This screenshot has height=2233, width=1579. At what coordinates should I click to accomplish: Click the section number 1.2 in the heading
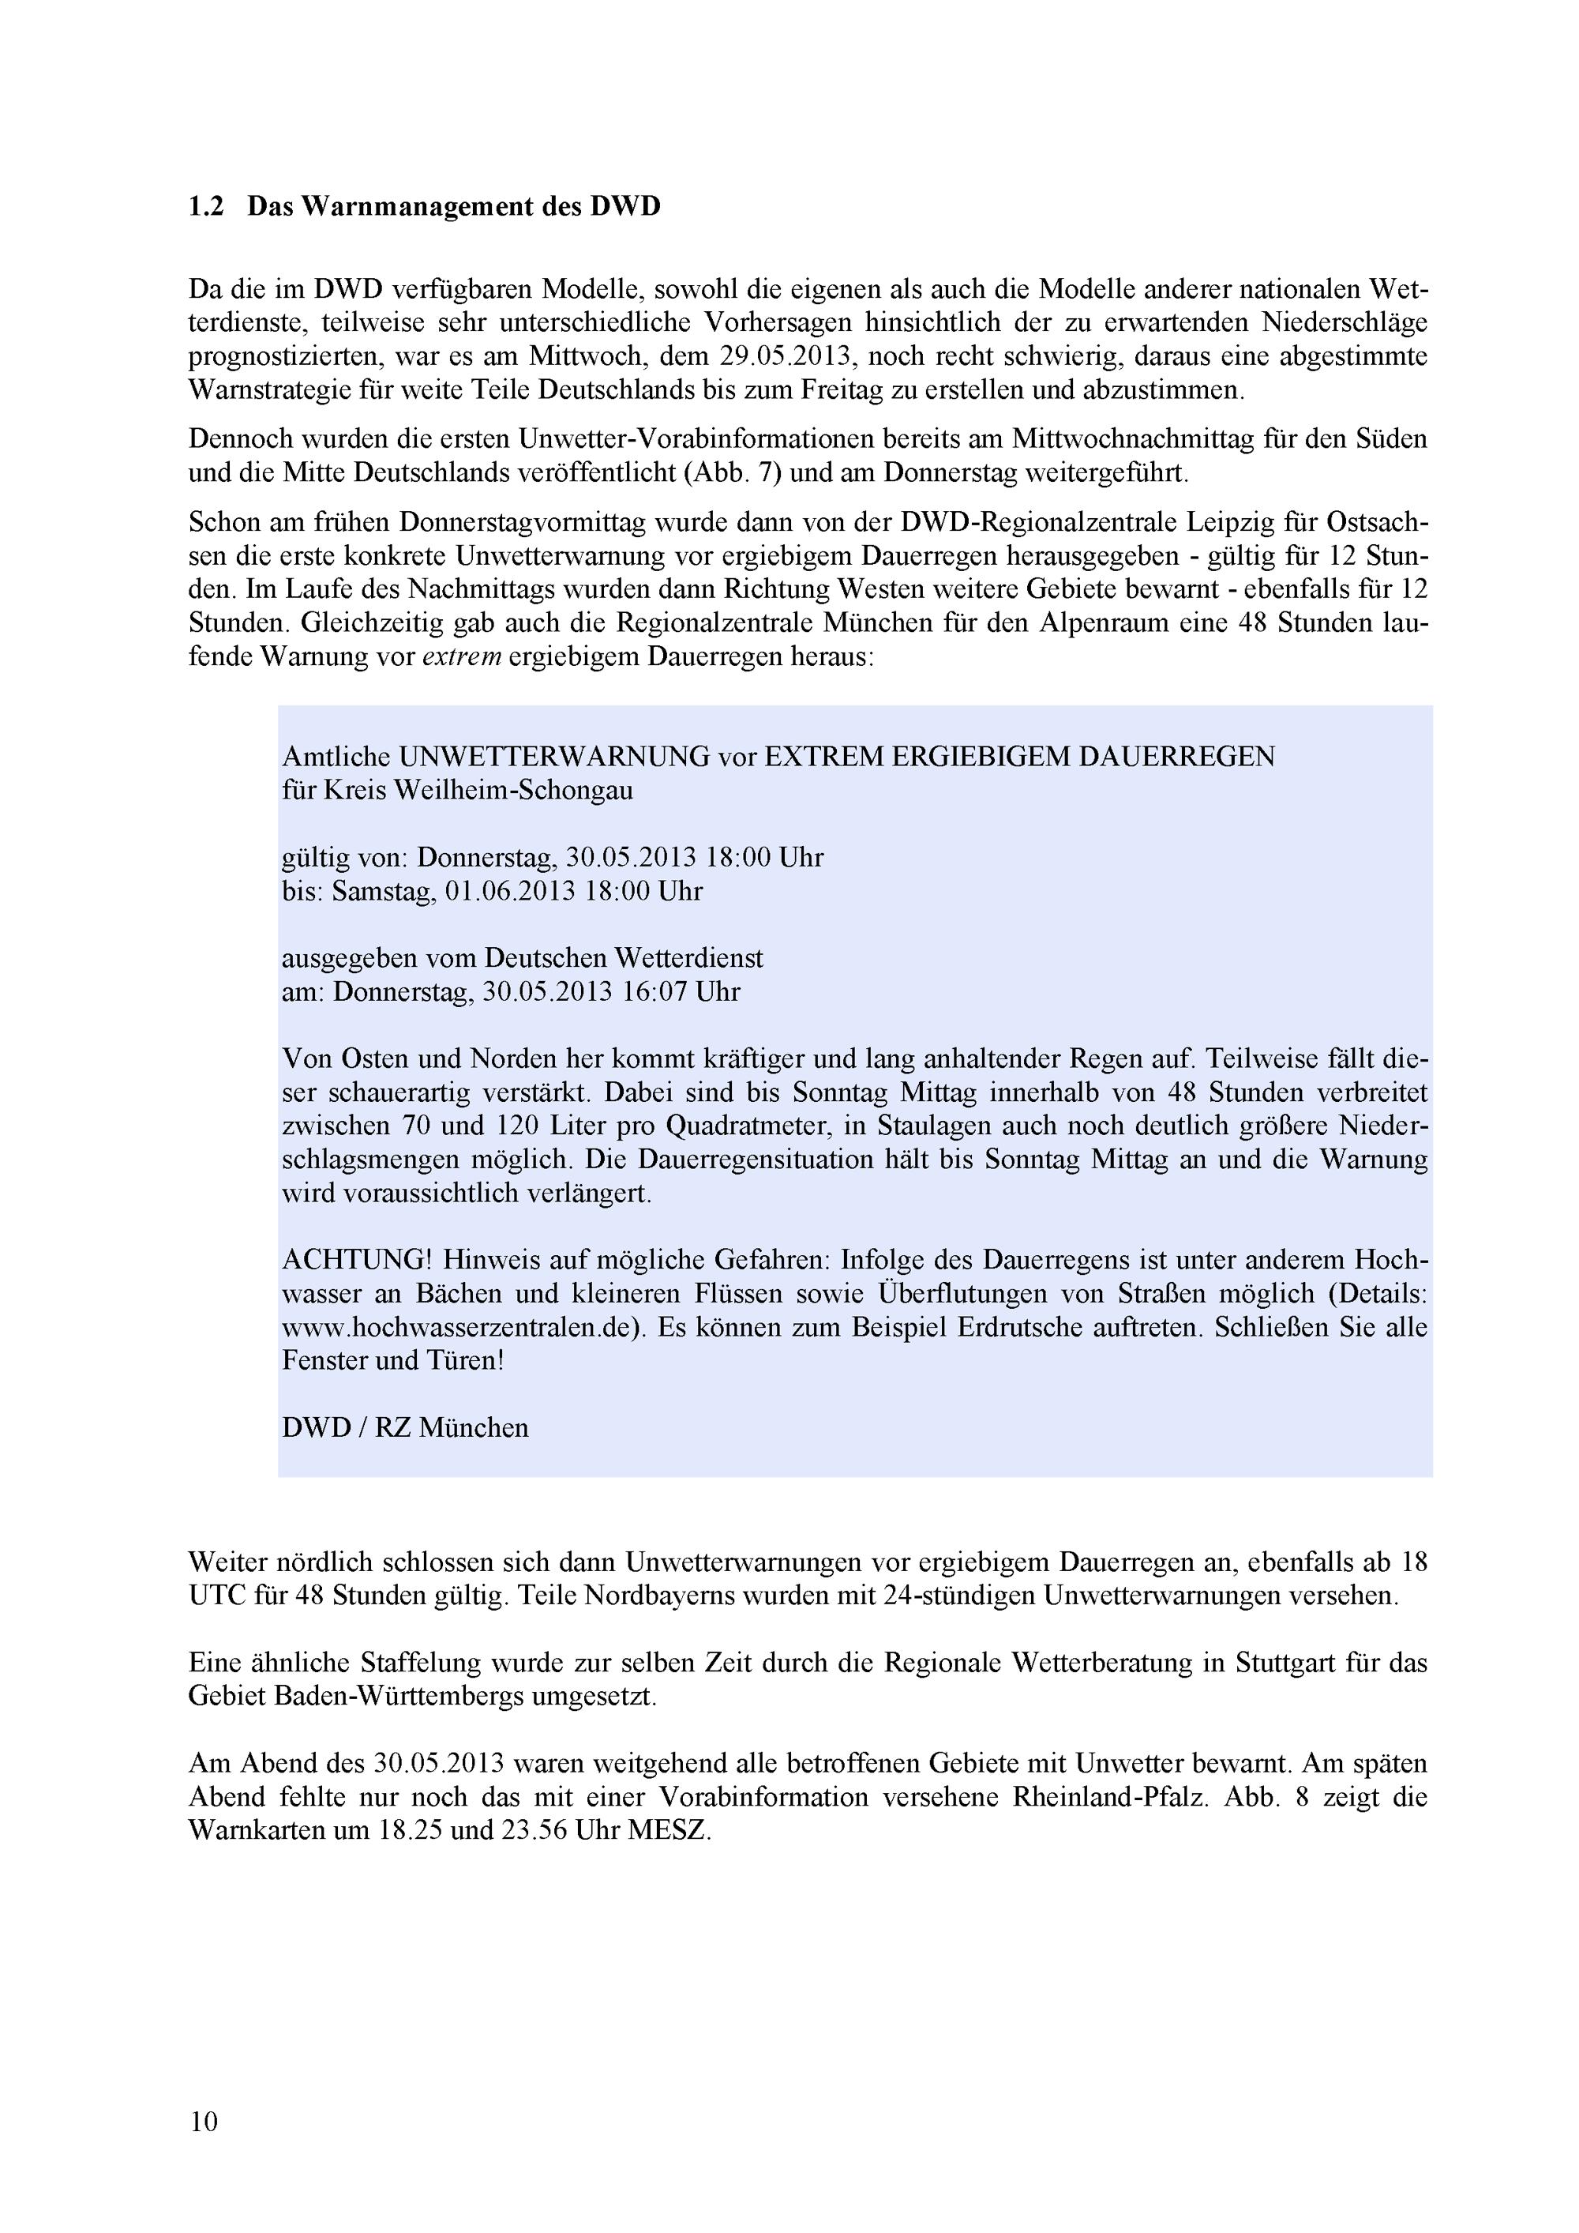206,207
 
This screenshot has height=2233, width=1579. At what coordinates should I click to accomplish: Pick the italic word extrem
462,656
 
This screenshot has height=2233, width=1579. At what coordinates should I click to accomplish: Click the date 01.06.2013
511,891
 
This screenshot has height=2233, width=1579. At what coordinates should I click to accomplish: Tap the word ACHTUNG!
357,1261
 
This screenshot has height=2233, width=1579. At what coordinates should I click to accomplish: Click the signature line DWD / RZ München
406,1428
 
